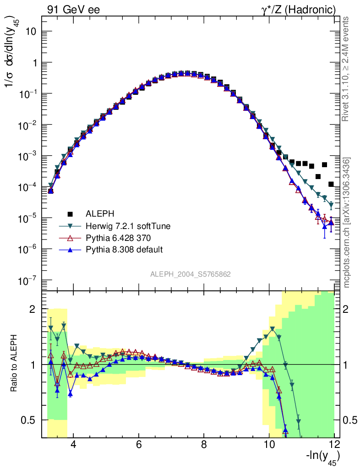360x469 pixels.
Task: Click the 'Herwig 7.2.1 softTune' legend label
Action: (x=125, y=226)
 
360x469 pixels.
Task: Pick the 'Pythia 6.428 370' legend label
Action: (x=115, y=238)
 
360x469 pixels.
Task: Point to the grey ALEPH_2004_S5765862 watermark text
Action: (x=191, y=274)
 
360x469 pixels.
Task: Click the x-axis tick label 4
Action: (x=73, y=445)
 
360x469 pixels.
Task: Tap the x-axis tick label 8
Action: (x=204, y=445)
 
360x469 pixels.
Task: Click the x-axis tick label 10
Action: (x=269, y=445)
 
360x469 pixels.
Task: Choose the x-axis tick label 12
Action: (x=334, y=445)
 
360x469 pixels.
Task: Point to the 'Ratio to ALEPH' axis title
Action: (x=15, y=364)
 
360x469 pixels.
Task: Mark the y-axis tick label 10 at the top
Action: (x=31, y=32)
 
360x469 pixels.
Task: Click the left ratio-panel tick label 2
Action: (x=33, y=309)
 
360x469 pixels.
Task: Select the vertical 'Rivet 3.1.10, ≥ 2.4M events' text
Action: (x=347, y=69)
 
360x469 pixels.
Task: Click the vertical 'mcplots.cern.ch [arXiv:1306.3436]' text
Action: (x=347, y=222)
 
